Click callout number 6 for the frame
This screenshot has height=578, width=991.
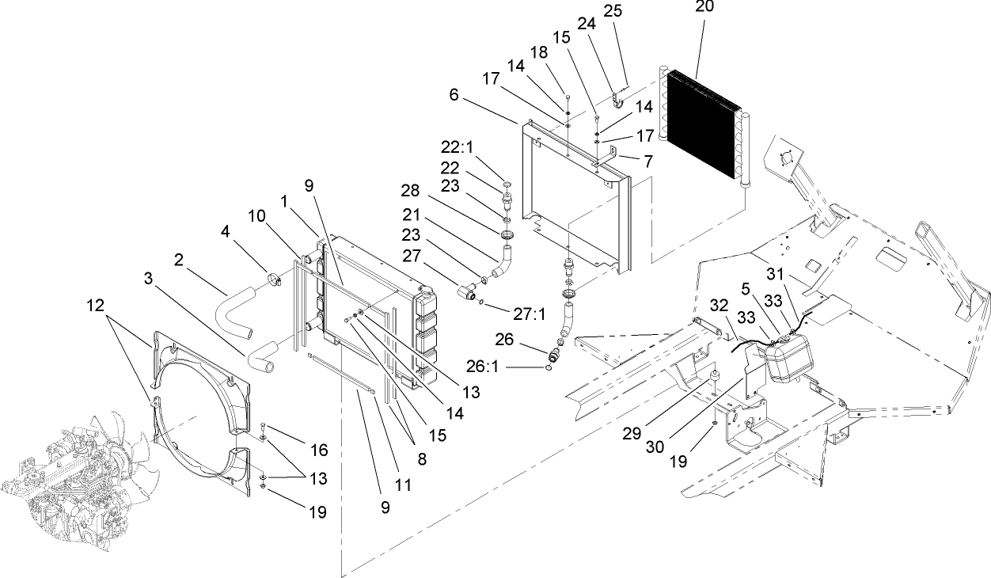[x=453, y=93]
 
